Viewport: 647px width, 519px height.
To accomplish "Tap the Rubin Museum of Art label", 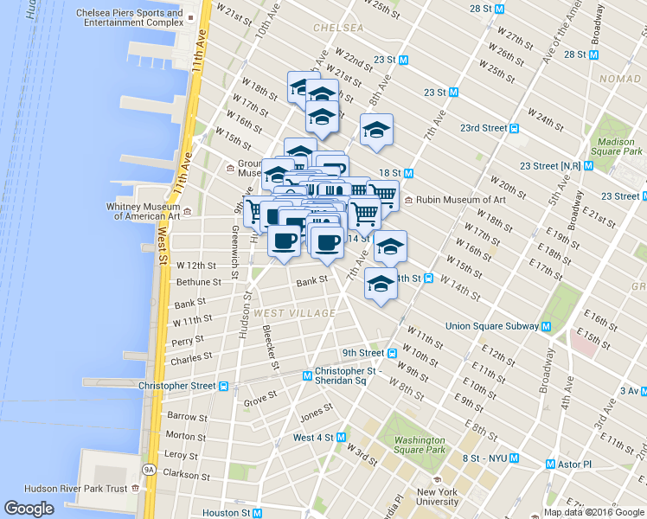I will [461, 200].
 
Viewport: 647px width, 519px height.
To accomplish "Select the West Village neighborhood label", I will [295, 312].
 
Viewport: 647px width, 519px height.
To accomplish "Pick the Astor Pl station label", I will [573, 465].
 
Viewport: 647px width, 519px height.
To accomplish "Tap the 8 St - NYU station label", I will [484, 458].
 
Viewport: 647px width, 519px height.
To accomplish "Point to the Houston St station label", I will [227, 513].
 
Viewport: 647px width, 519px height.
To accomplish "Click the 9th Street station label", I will [362, 353].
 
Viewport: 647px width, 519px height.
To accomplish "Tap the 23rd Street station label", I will [483, 128].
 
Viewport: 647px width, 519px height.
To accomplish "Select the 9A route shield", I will [148, 470].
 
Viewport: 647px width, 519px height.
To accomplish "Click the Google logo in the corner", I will [29, 509].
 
